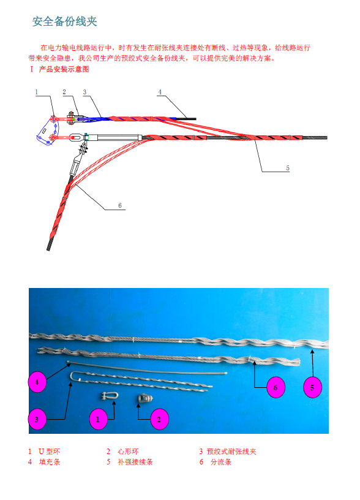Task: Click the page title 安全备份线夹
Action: (65, 21)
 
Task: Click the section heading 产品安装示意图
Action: (64, 69)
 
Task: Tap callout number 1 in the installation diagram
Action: (37, 92)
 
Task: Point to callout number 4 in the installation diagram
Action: (160, 92)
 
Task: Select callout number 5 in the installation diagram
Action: (288, 168)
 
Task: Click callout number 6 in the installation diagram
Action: (120, 205)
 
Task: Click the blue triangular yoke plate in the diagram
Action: (48, 131)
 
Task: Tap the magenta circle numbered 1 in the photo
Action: (98, 419)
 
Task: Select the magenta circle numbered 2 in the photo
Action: (159, 419)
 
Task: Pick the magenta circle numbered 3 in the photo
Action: (37, 419)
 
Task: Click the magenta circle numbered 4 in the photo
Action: (37, 382)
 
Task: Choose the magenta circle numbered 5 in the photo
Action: (312, 387)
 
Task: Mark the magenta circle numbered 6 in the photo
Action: (276, 387)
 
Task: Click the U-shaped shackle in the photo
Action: (109, 396)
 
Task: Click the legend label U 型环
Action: (50, 452)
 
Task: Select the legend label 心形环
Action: (128, 452)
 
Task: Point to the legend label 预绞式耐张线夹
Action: (231, 452)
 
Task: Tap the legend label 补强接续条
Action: (135, 462)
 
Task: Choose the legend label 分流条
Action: (221, 462)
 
